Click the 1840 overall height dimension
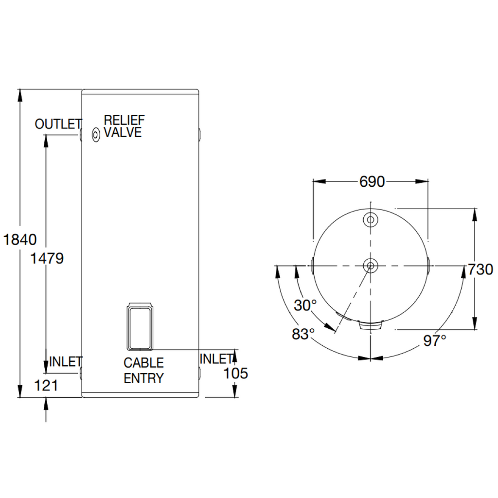(x=19, y=239)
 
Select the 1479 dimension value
(x=47, y=259)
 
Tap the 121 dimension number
(x=46, y=386)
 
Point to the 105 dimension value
(x=236, y=373)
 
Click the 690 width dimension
(x=372, y=182)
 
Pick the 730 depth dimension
(x=480, y=269)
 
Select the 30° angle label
(x=305, y=305)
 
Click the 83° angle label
(x=303, y=334)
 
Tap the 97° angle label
(x=435, y=340)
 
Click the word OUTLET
(x=58, y=124)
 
